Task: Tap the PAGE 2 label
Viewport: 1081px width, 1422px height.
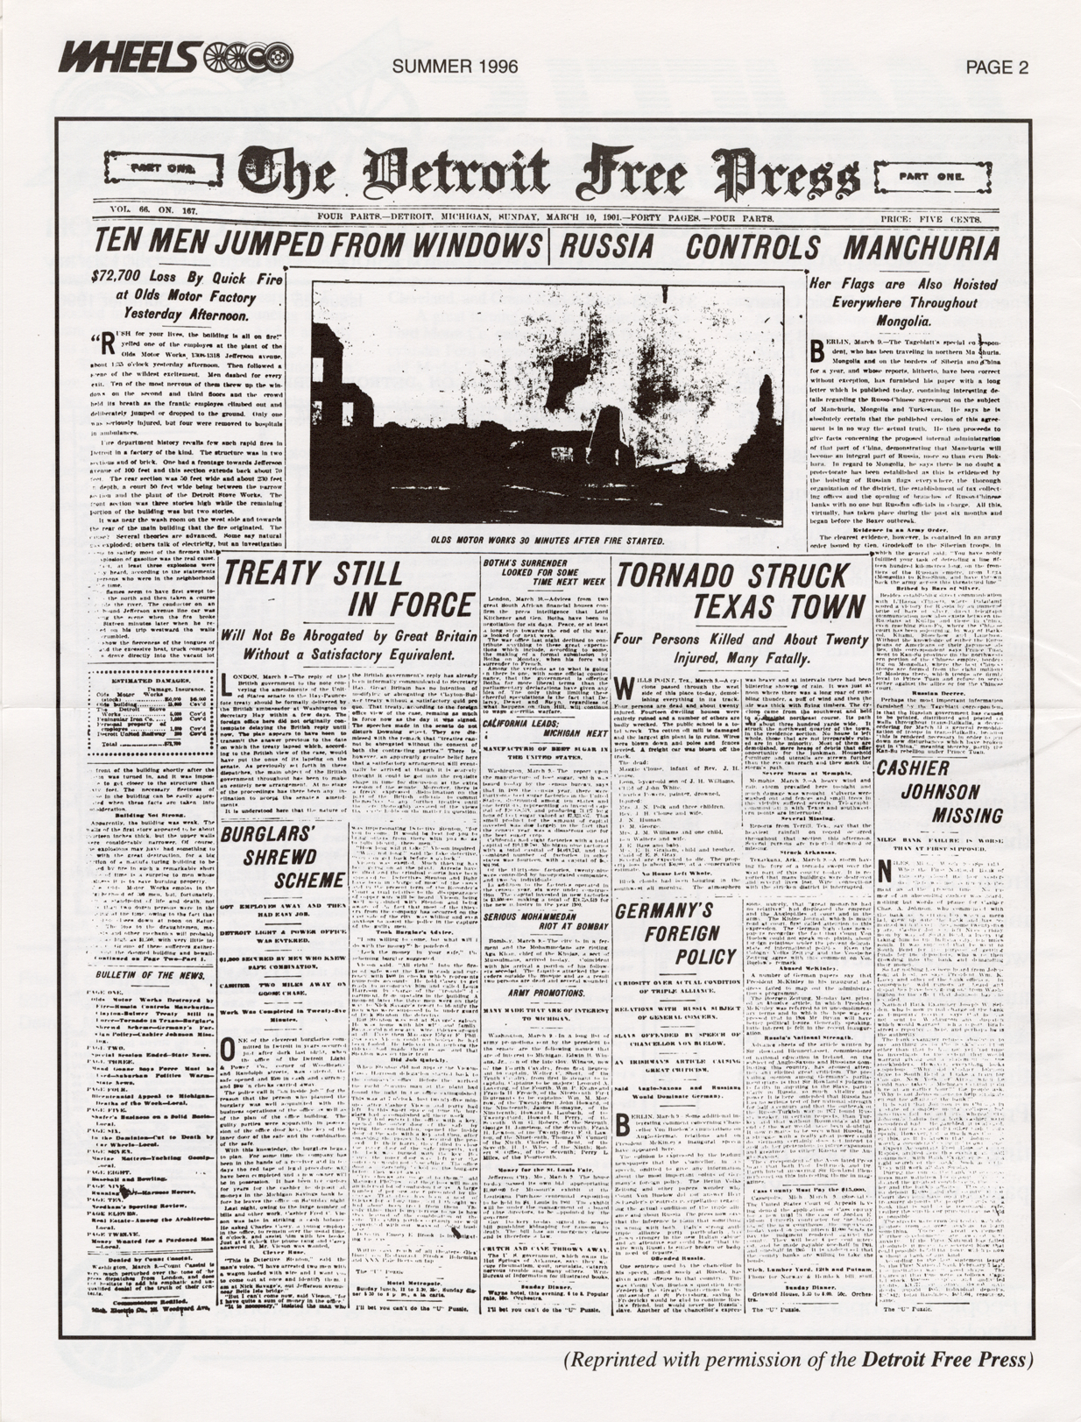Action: click(997, 67)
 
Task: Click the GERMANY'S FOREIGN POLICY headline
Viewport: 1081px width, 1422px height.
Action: click(675, 932)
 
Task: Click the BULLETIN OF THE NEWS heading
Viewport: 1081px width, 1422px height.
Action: click(151, 973)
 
